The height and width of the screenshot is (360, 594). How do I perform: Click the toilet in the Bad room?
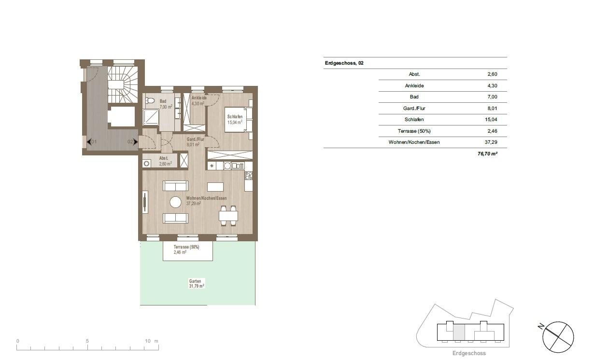click(x=150, y=100)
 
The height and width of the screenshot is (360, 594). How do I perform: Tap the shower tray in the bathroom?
click(x=151, y=117)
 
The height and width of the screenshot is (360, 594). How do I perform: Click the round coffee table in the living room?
click(x=175, y=202)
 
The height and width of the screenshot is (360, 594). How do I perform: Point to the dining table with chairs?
click(x=228, y=216)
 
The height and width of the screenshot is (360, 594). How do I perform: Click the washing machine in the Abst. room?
click(x=147, y=164)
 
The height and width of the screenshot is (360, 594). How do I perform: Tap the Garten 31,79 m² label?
click(x=197, y=283)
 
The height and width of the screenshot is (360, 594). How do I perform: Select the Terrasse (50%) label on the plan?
click(x=186, y=247)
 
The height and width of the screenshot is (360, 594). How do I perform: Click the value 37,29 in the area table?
click(x=491, y=142)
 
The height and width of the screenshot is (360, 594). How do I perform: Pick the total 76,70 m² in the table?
click(x=487, y=153)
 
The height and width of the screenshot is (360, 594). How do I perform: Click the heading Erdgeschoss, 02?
click(x=344, y=63)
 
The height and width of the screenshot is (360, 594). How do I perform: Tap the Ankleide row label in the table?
click(x=414, y=85)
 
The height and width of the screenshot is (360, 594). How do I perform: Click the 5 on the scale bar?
click(x=87, y=341)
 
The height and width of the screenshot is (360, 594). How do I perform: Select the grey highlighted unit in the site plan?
click(x=459, y=332)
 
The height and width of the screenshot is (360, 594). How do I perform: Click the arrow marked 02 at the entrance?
click(x=135, y=142)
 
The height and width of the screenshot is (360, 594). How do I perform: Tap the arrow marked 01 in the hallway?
click(x=89, y=142)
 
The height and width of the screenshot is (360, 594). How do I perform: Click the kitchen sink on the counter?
click(x=227, y=166)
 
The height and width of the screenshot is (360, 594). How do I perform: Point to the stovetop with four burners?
click(x=249, y=175)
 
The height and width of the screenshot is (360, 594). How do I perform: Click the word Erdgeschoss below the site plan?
click(x=469, y=353)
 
